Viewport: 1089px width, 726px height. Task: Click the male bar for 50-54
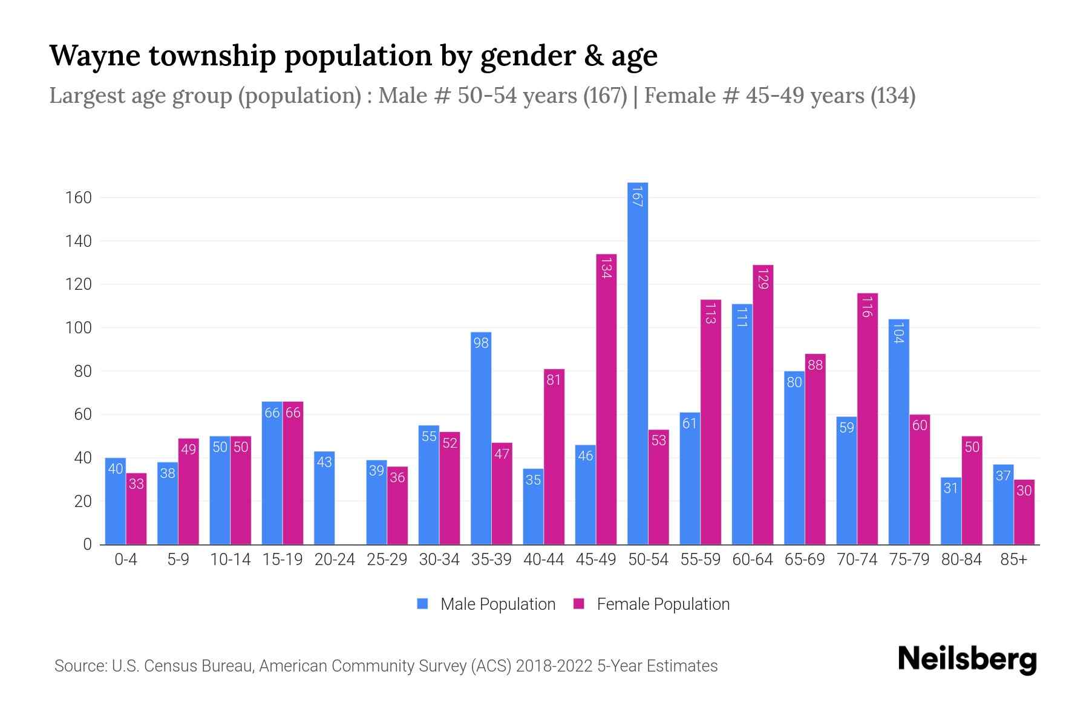click(638, 363)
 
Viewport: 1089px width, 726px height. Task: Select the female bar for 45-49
click(606, 399)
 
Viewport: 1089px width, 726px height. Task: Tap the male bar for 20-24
click(324, 498)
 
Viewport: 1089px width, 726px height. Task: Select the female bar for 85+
click(1024, 512)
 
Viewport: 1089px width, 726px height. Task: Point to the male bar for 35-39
click(481, 438)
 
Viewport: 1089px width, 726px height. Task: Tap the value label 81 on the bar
click(554, 380)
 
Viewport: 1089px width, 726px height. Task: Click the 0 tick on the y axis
click(87, 544)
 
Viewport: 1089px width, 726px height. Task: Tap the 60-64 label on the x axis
click(753, 560)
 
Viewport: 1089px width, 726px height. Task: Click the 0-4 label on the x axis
click(126, 560)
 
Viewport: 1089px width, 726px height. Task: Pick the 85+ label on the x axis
click(1013, 560)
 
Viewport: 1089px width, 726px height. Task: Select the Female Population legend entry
click(652, 604)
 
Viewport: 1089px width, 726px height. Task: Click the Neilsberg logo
click(967, 659)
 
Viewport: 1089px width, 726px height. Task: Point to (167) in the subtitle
click(605, 96)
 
